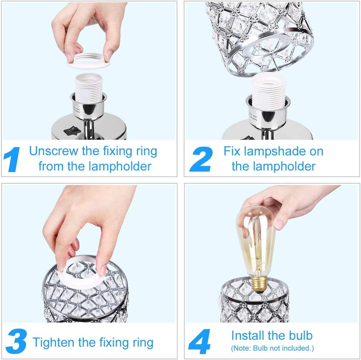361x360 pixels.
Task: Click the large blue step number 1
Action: click(13, 160)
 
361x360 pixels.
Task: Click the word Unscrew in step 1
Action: click(53, 151)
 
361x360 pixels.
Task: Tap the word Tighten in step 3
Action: click(53, 342)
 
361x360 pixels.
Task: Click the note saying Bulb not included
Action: click(272, 348)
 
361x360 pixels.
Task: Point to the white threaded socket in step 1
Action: click(88, 88)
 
